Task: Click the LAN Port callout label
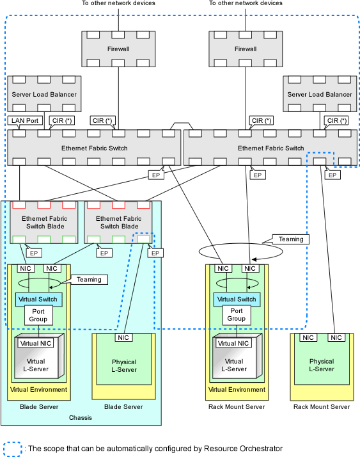(25, 121)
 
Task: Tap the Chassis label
(81, 418)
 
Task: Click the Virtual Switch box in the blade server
(38, 300)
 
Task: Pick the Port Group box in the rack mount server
(236, 315)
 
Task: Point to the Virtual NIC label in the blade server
(36, 343)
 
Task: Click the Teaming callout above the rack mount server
(291, 239)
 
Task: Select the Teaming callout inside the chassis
(89, 280)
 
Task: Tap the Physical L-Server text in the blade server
(124, 365)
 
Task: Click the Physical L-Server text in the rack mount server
(322, 365)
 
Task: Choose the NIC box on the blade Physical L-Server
(123, 337)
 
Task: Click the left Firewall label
(118, 49)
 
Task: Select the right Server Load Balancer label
(320, 95)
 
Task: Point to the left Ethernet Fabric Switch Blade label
(45, 222)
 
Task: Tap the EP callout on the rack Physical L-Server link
(333, 175)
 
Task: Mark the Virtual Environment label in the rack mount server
(237, 390)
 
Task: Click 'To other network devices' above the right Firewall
(246, 3)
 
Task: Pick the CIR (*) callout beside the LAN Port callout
(62, 121)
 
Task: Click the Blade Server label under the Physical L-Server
(123, 406)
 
